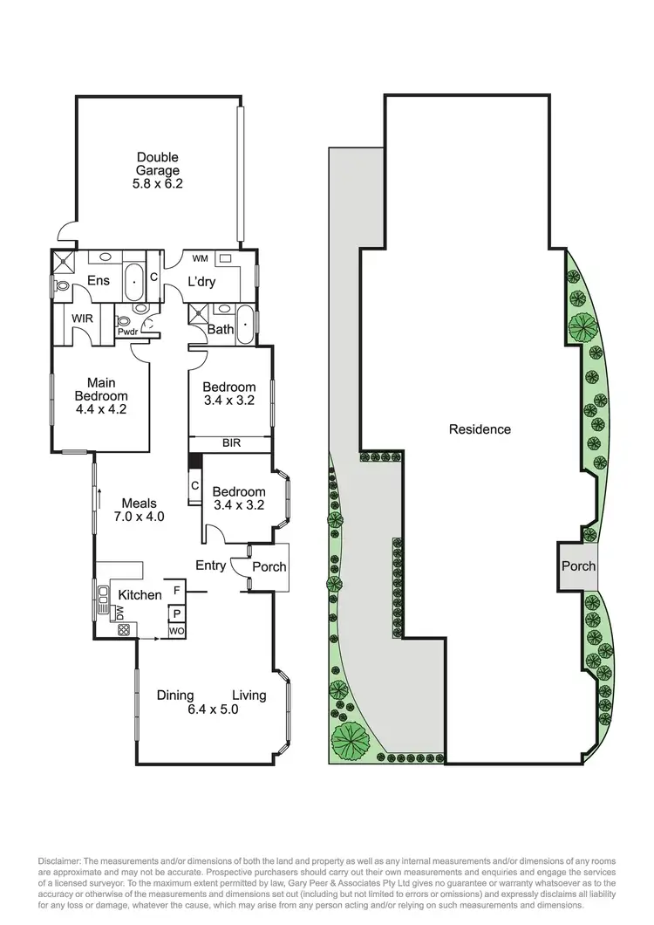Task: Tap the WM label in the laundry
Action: [x=200, y=258]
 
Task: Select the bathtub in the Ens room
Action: [x=133, y=281]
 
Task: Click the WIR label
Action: [x=82, y=319]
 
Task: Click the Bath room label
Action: [x=220, y=329]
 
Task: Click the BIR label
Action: [x=229, y=443]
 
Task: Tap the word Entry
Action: [x=210, y=565]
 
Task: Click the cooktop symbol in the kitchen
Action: [x=123, y=629]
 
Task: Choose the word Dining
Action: [x=175, y=695]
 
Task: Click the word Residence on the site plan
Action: [x=480, y=429]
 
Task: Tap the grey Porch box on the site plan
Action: [x=577, y=565]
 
